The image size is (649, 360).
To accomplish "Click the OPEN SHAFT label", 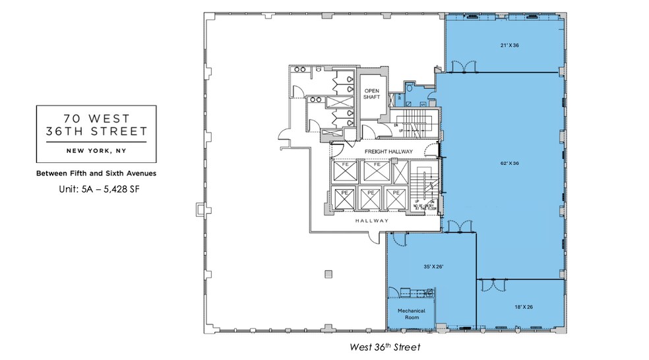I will [x=370, y=94].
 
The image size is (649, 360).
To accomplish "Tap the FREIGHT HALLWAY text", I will [x=389, y=152].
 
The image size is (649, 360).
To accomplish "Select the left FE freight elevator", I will [x=345, y=171].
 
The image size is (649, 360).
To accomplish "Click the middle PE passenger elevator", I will [x=371, y=198].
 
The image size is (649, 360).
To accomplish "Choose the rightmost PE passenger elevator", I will [x=396, y=198].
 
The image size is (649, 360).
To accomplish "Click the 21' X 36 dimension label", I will [x=506, y=45].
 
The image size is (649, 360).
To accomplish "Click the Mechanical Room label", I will [x=410, y=314].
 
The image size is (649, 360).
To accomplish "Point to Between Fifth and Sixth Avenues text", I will [x=96, y=174].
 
